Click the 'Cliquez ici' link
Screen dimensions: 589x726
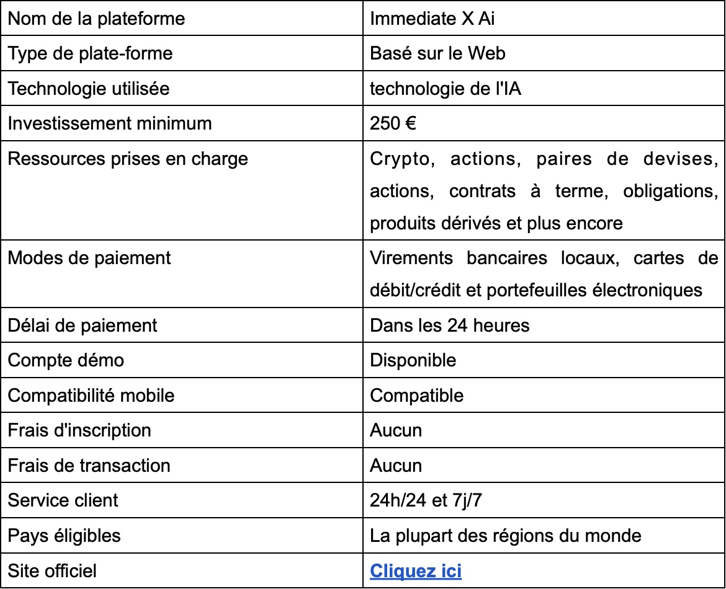(x=416, y=570)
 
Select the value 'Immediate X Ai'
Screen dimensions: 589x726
(x=432, y=19)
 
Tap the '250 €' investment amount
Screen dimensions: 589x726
(x=393, y=123)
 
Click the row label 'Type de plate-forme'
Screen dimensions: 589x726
(x=90, y=53)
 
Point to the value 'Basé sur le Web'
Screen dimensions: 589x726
(x=437, y=53)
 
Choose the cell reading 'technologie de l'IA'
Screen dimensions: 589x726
(x=445, y=89)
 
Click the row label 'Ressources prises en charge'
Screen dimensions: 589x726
(x=128, y=159)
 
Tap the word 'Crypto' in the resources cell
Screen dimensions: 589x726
(x=399, y=159)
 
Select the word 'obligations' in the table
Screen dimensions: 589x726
(x=676, y=191)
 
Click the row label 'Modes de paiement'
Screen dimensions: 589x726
(x=89, y=257)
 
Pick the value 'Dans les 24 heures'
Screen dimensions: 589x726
(x=450, y=325)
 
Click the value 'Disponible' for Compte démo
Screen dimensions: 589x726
(x=413, y=360)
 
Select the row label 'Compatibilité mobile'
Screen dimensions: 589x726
(x=91, y=395)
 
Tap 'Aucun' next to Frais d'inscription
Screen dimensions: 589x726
(x=396, y=430)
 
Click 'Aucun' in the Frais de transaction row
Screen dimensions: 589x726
(x=396, y=465)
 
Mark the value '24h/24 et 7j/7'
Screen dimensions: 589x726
(x=426, y=500)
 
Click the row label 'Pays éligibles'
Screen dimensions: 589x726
(x=65, y=535)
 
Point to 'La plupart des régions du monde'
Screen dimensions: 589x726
(x=506, y=535)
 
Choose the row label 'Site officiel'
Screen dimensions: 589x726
(x=52, y=570)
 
